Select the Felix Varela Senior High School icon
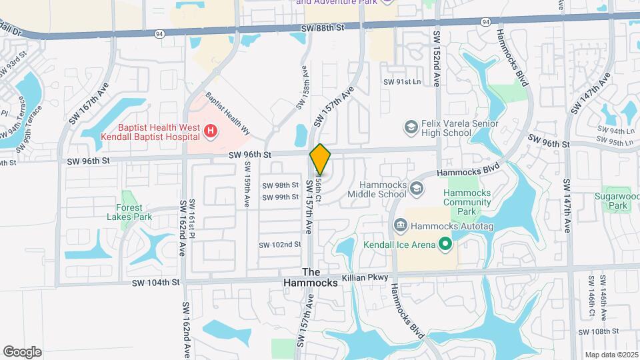coord(411,126)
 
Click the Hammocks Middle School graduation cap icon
coord(417,189)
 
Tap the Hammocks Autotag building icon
coord(400,225)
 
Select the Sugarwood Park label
coord(613,201)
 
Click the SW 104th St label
coord(156,283)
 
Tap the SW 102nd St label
coord(281,245)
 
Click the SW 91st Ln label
coord(402,82)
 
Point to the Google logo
coord(22,351)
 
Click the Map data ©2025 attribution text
coord(611,355)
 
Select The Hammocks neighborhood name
coord(320,277)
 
